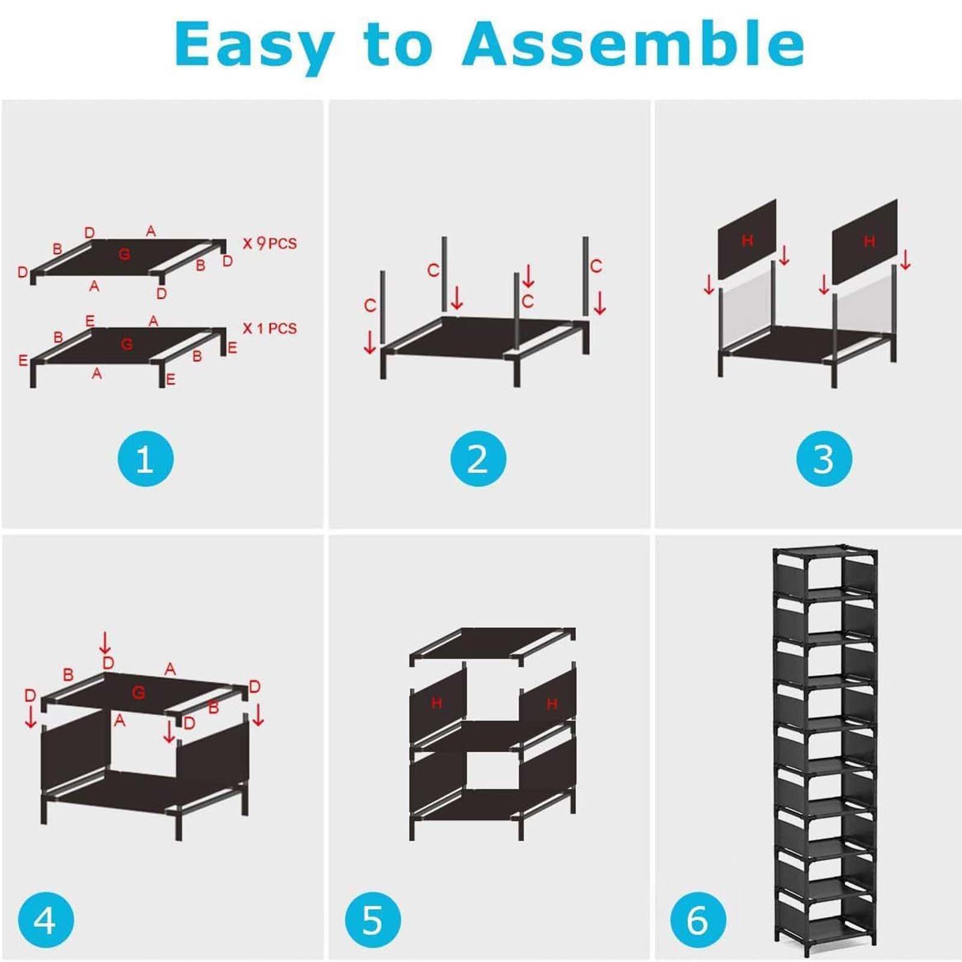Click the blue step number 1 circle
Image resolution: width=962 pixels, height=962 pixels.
[146, 459]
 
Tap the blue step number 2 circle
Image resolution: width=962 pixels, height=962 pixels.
[478, 459]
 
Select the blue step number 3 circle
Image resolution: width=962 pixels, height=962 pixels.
[824, 459]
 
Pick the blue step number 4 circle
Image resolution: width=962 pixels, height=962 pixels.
[46, 920]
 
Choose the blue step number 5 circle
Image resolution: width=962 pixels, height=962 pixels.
[373, 920]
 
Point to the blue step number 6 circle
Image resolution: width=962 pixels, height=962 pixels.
[699, 920]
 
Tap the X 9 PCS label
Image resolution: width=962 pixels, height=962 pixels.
[269, 243]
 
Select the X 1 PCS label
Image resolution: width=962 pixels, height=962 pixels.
[269, 328]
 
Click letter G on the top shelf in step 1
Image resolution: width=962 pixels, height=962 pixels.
[124, 254]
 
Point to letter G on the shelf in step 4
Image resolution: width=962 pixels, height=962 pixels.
[138, 693]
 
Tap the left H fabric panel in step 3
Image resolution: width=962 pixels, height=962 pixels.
[747, 239]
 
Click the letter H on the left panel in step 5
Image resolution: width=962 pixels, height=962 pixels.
[437, 702]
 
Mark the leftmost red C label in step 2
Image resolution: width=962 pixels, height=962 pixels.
[370, 305]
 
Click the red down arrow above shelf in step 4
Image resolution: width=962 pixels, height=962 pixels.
[105, 643]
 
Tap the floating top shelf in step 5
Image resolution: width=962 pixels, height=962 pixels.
[492, 645]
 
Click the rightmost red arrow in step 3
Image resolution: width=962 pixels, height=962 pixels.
[905, 259]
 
